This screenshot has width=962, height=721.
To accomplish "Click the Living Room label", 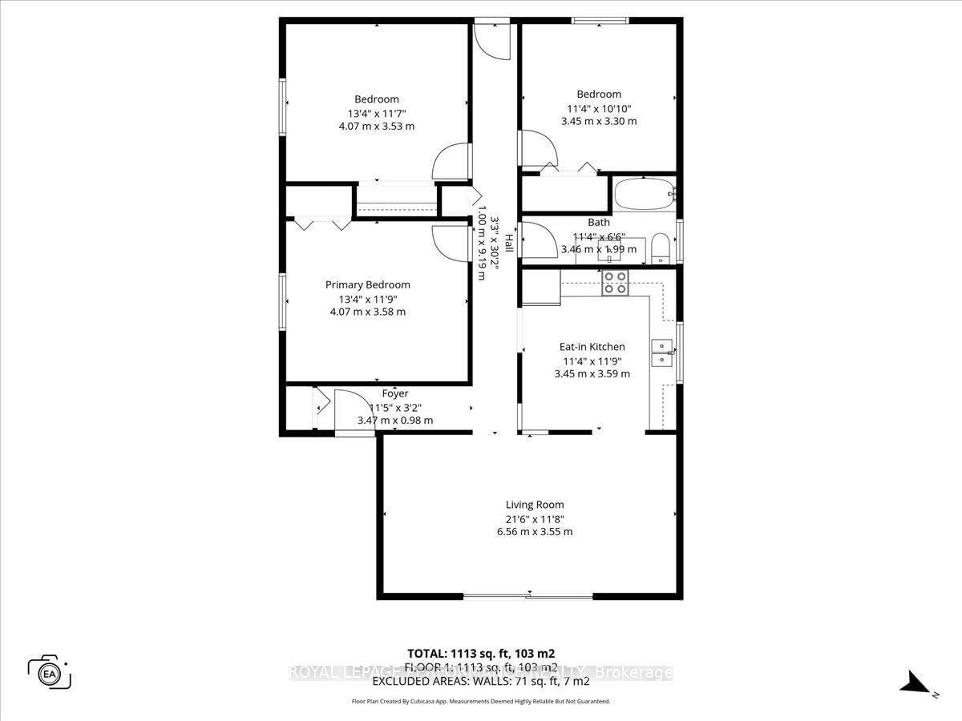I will pyautogui.click(x=534, y=505).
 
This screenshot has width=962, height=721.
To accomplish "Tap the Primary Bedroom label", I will pyautogui.click(x=367, y=284).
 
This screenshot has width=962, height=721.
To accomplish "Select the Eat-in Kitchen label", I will pyautogui.click(x=592, y=347).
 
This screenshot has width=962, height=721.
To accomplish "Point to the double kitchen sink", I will pyautogui.click(x=662, y=352).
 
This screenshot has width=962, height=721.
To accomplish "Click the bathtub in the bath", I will pyautogui.click(x=645, y=193).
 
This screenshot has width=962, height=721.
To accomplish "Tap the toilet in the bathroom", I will pyautogui.click(x=661, y=248).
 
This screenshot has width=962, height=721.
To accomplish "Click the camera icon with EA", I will pyautogui.click(x=49, y=671).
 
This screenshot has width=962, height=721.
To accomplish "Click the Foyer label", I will pyautogui.click(x=394, y=393).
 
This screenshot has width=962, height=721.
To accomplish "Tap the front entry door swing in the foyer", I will pyautogui.click(x=353, y=411).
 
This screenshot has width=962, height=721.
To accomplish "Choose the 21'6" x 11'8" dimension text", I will pyautogui.click(x=534, y=518).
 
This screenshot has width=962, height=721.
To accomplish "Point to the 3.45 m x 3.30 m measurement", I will pyautogui.click(x=598, y=121).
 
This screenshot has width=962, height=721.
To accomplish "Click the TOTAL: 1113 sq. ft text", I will pyautogui.click(x=481, y=653).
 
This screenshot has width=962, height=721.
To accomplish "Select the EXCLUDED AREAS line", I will pyautogui.click(x=481, y=681).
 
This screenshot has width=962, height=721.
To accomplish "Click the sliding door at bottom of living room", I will pyautogui.click(x=528, y=595).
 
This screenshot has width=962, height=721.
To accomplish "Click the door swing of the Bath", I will pyautogui.click(x=538, y=240).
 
